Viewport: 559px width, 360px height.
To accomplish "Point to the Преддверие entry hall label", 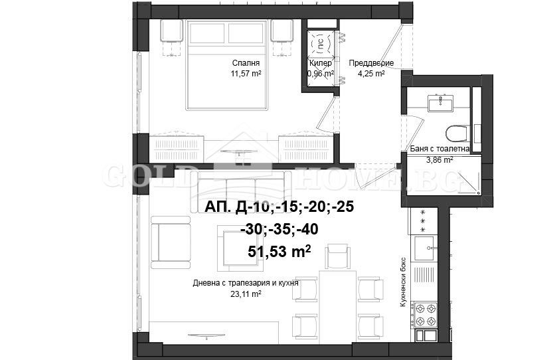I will point(371,64).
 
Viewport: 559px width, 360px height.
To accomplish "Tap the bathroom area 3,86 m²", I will point(439,159).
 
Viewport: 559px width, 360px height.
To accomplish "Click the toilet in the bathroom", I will point(457,134).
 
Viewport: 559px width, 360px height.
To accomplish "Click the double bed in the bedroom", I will point(228,65).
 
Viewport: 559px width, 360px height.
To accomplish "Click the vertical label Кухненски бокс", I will point(403,282).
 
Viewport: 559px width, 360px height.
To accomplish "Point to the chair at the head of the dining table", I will point(339,255).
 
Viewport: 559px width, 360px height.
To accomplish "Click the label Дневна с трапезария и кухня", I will point(245,282).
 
